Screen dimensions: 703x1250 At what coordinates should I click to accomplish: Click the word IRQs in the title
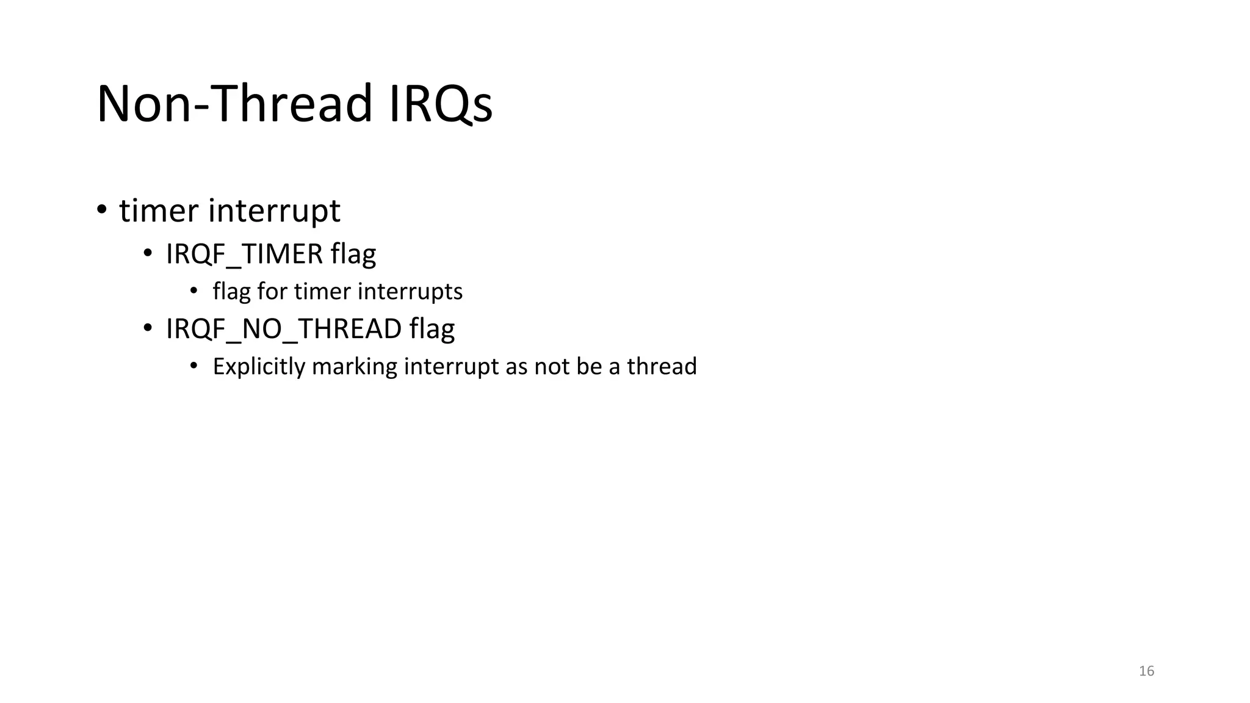(x=440, y=104)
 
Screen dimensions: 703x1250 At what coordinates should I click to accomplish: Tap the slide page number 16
(x=1146, y=671)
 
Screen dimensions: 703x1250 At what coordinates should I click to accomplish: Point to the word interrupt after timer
(x=274, y=211)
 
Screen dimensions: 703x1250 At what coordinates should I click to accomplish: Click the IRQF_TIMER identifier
(x=244, y=254)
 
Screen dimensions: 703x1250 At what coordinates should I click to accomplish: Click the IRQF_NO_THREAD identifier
(x=284, y=329)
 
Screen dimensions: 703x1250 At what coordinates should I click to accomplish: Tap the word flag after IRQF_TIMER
(x=353, y=254)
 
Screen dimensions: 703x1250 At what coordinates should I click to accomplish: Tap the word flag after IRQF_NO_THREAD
(x=432, y=329)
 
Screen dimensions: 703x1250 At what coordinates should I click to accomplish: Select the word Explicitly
(x=259, y=367)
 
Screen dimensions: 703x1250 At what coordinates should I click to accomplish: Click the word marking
(x=355, y=367)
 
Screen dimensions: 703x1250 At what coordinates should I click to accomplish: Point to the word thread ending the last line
(x=662, y=367)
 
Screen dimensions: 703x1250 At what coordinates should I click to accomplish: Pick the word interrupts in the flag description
(x=410, y=292)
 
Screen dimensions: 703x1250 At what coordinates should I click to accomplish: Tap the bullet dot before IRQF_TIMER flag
(x=148, y=254)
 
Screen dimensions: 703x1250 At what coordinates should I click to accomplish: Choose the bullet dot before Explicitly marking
(x=194, y=366)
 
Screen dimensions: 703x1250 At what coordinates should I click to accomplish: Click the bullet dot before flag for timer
(x=194, y=291)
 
